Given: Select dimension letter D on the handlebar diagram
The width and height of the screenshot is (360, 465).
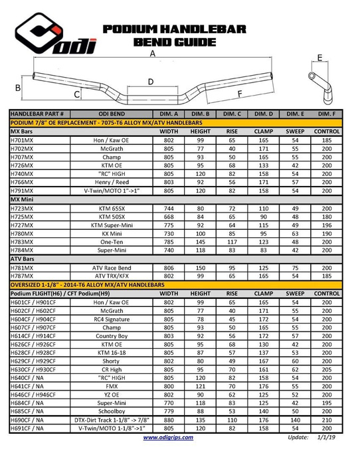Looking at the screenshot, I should click(x=151, y=82).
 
